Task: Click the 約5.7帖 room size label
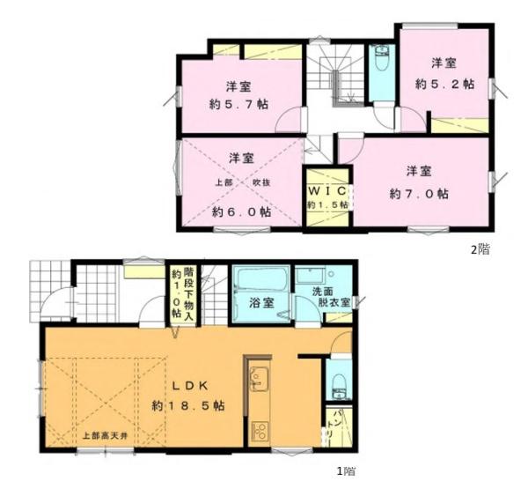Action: coord(239,104)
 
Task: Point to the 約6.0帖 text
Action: coord(241,212)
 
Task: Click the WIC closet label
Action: coord(326,191)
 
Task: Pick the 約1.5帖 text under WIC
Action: coord(327,205)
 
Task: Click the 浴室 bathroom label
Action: coord(260,303)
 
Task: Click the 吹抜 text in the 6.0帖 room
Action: coord(261,181)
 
